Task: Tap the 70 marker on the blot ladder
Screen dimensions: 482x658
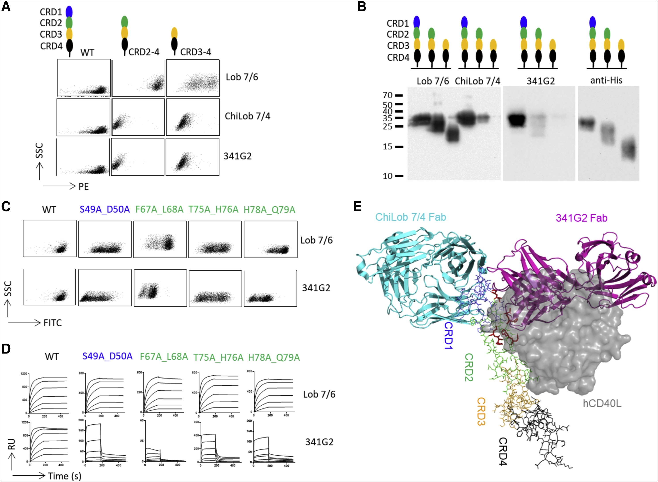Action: pyautogui.click(x=388, y=95)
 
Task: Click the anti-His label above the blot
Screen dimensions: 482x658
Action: pyautogui.click(x=606, y=80)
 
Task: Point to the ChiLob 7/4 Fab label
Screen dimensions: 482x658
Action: pyautogui.click(x=410, y=217)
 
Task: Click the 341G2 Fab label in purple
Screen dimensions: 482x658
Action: pyautogui.click(x=582, y=218)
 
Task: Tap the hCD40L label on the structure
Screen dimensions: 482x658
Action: pyautogui.click(x=602, y=404)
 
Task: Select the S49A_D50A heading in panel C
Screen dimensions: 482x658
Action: pyautogui.click(x=104, y=210)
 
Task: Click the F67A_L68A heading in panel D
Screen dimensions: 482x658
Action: pyautogui.click(x=164, y=357)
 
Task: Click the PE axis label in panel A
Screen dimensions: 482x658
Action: pyautogui.click(x=83, y=187)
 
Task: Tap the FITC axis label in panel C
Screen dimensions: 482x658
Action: pyautogui.click(x=53, y=323)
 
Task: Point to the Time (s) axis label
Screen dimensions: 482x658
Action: pyautogui.click(x=64, y=476)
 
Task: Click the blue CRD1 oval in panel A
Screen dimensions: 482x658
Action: pyautogui.click(x=69, y=12)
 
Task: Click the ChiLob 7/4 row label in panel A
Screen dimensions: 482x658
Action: pyautogui.click(x=248, y=116)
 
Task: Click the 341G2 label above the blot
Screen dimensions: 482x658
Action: pyautogui.click(x=540, y=81)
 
